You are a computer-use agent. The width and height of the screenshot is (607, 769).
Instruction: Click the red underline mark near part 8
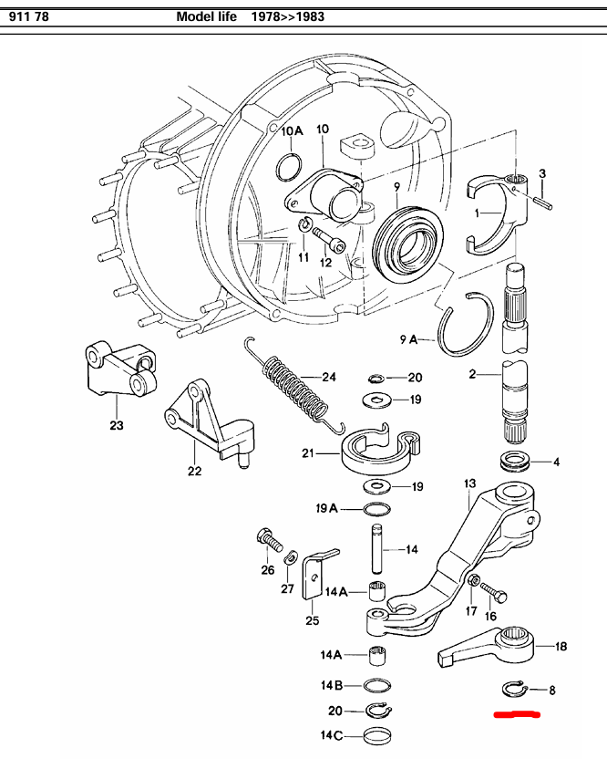click(516, 715)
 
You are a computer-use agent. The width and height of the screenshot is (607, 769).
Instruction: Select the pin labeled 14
click(375, 549)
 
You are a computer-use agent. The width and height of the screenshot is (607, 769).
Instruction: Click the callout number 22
click(194, 471)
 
